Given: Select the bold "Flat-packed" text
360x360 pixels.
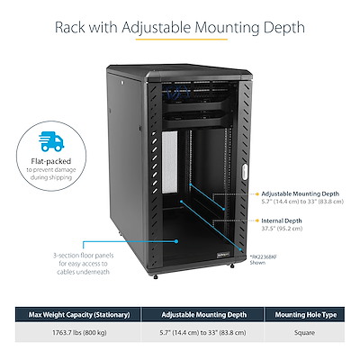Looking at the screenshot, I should click(53, 162).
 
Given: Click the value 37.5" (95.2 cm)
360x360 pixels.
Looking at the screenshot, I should click(279, 228).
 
